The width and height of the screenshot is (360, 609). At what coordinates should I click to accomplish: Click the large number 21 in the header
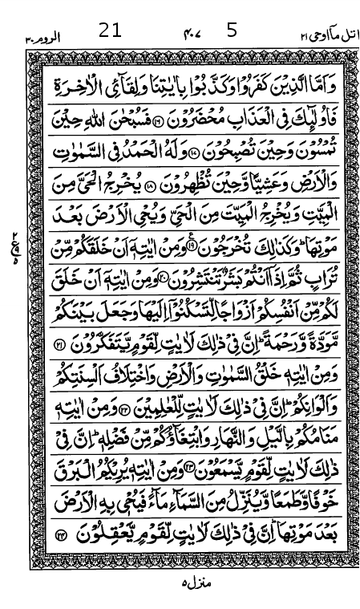click(x=111, y=32)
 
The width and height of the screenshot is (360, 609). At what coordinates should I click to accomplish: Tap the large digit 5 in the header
click(x=233, y=32)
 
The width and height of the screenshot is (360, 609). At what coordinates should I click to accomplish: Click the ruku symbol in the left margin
click(x=17, y=242)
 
